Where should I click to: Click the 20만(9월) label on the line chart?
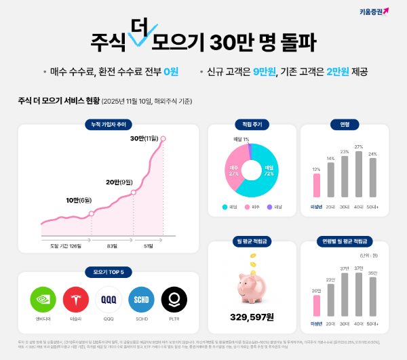(119, 182)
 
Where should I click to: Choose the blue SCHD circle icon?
(141, 300)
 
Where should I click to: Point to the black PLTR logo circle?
(174, 300)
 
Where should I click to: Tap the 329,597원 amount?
(252, 317)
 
